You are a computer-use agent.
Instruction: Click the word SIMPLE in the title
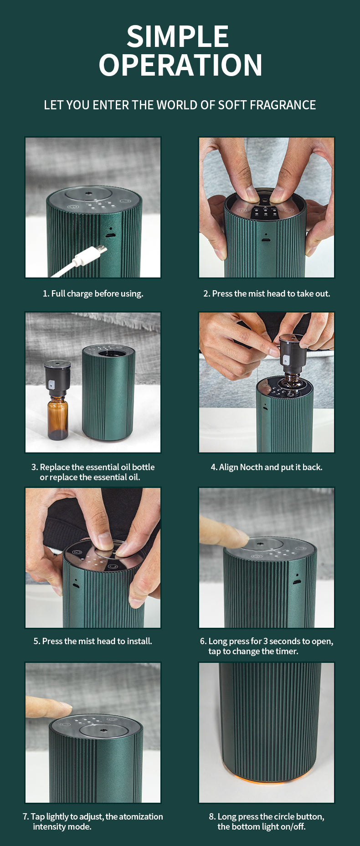point(178,36)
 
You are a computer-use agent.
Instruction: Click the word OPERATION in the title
point(180,65)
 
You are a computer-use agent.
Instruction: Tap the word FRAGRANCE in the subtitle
point(283,105)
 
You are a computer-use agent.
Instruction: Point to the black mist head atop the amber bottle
point(57,378)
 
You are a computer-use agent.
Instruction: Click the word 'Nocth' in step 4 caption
point(251,467)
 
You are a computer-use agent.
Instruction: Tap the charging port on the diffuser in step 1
point(109,236)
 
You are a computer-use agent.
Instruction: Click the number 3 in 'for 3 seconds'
point(266,641)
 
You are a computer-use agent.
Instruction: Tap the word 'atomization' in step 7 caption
point(141,817)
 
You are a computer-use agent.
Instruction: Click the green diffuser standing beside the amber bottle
point(108,392)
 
